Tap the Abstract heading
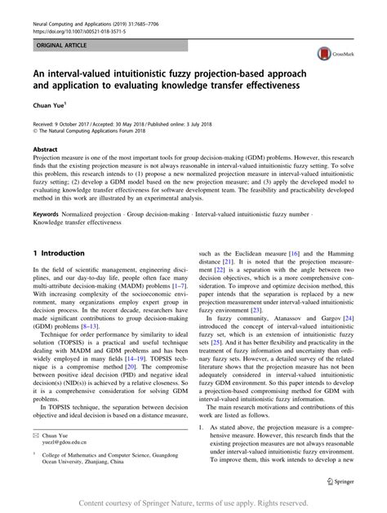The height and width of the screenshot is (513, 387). pos(44,150)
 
